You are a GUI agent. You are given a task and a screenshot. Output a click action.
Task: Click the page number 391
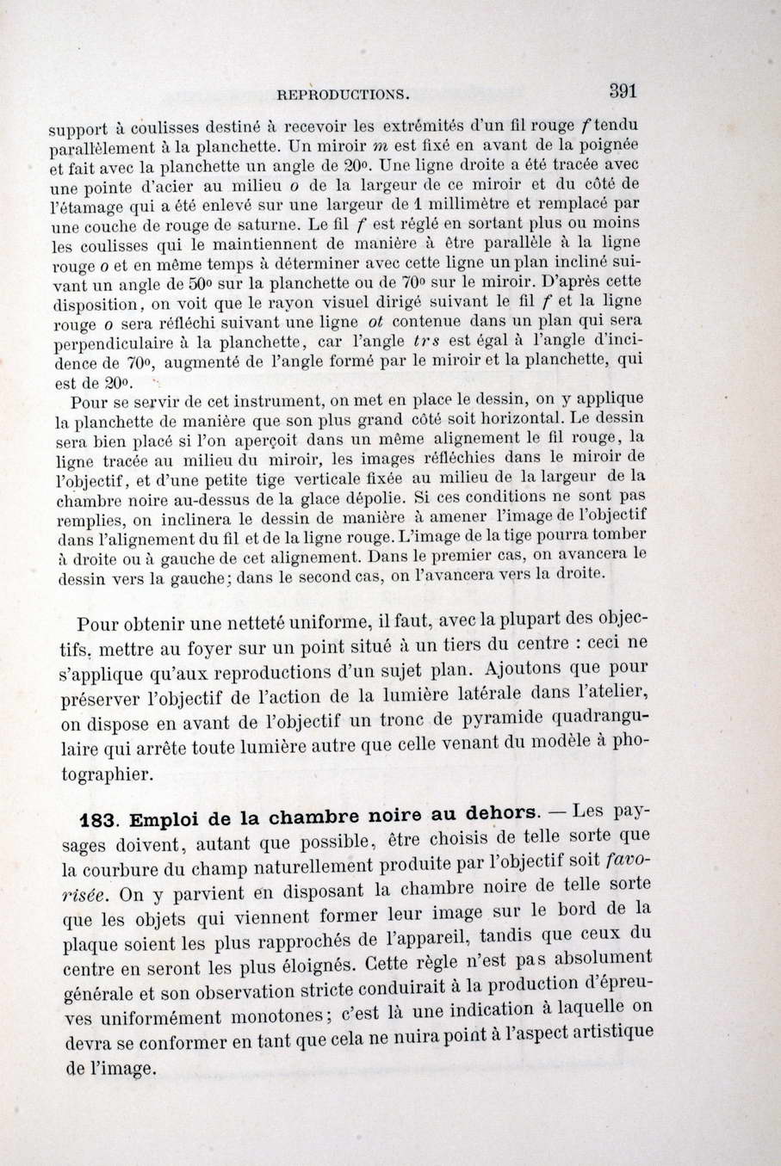[x=622, y=89]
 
